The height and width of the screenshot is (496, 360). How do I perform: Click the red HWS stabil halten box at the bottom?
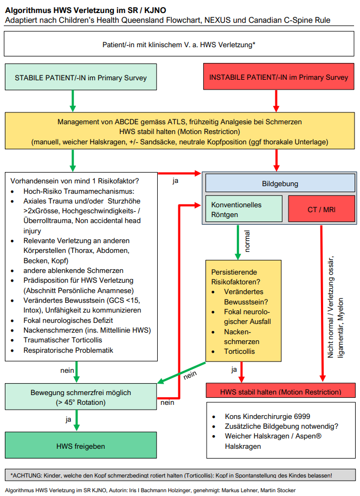click(x=280, y=392)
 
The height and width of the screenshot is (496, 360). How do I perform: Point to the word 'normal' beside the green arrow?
click(x=247, y=241)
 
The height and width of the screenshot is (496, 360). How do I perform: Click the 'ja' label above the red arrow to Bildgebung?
click(x=175, y=180)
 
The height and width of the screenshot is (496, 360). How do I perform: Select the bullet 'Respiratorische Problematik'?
click(x=68, y=350)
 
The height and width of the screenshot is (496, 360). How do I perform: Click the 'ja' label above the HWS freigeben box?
click(x=68, y=419)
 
